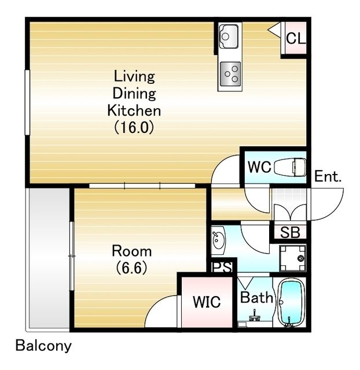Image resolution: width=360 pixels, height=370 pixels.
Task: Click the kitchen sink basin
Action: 229,36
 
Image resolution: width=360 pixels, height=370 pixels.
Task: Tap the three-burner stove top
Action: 230,74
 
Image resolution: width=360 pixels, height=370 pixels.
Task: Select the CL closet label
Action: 296,38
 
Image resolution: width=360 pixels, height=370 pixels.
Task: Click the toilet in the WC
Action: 290,167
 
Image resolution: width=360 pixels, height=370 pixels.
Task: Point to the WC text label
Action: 259,167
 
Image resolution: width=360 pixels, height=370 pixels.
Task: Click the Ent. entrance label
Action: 328,176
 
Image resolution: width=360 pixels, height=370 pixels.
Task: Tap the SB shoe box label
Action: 290,232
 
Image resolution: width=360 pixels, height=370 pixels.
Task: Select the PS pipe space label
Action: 222,267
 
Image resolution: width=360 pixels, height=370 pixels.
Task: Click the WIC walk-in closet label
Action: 207,302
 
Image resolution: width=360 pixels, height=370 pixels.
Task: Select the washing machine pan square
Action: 292,258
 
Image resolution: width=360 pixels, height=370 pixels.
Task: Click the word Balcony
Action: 43,346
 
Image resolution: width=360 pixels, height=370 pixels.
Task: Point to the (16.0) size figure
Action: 134,127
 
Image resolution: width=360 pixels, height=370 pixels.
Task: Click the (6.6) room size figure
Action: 131,268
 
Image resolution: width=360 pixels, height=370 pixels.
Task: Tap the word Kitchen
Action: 134,110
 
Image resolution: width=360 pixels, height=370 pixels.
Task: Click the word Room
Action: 131,251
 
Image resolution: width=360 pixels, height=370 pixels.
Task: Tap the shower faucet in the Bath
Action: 254,316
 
